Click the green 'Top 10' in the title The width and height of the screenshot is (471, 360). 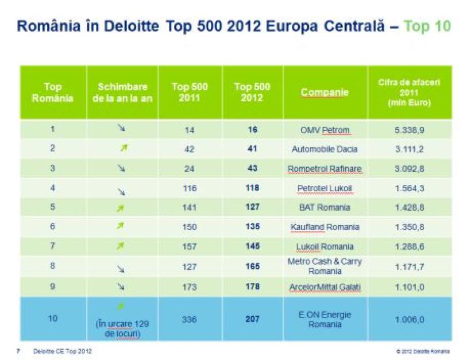click(x=427, y=26)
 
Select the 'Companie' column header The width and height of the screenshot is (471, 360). click(x=325, y=92)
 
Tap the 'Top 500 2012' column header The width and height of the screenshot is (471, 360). click(x=252, y=92)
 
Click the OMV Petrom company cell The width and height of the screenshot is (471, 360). click(x=325, y=130)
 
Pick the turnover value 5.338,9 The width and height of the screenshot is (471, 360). click(x=410, y=130)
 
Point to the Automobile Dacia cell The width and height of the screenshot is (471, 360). click(x=325, y=149)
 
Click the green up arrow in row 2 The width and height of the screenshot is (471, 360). click(x=122, y=149)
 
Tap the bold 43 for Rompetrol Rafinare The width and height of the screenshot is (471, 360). click(x=252, y=169)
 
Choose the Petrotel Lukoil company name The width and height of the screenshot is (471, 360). click(x=325, y=188)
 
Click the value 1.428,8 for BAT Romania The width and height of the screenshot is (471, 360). click(x=410, y=207)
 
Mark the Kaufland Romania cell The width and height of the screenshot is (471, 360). click(x=325, y=227)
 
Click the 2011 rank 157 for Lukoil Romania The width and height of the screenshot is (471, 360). click(x=189, y=247)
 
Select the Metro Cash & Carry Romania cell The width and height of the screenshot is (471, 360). click(x=325, y=266)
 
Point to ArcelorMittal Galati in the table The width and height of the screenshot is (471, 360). click(x=325, y=287)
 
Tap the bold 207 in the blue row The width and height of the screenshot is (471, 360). click(x=252, y=319)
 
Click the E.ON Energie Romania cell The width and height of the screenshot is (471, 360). click(x=325, y=319)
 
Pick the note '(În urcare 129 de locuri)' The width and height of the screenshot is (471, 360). click(x=122, y=328)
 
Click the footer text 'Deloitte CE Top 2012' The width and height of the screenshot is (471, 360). click(x=63, y=351)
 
